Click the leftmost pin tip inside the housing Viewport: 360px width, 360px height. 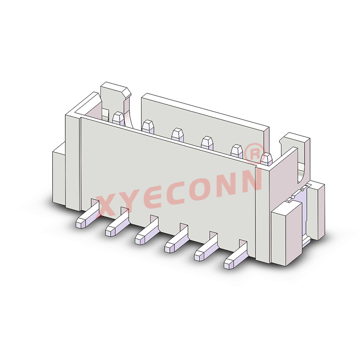click(x=118, y=118)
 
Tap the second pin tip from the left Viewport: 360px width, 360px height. click(x=147, y=125)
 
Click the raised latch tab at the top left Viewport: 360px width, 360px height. click(x=115, y=94)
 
